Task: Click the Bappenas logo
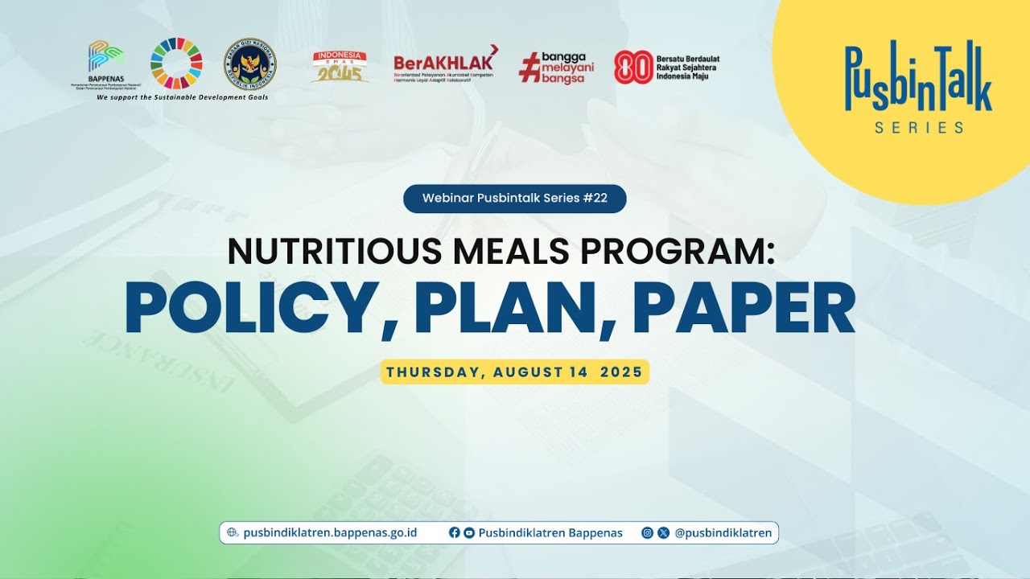pos(106,61)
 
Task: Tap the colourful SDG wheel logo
pos(176,63)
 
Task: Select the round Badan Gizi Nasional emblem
pos(249,64)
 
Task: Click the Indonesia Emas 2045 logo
pos(340,67)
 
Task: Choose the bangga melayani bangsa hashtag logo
pos(556,67)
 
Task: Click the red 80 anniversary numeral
pos(633,68)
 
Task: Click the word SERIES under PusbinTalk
pos(918,127)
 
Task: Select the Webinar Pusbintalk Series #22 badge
pos(514,199)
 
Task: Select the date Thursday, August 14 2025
pos(514,372)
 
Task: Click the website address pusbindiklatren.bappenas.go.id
pos(330,532)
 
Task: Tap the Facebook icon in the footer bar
pos(455,532)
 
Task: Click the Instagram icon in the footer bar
pos(647,532)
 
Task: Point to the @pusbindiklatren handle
pos(723,532)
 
